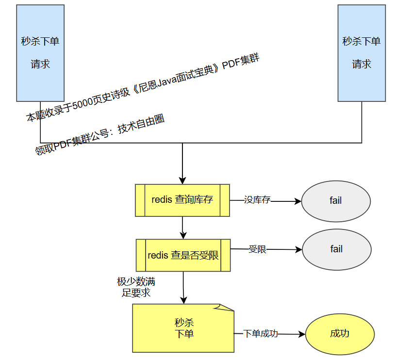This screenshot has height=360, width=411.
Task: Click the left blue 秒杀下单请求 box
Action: tap(40, 52)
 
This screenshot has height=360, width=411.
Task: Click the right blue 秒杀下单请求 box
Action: tap(362, 52)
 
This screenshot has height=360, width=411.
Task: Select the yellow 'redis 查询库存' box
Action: tap(182, 200)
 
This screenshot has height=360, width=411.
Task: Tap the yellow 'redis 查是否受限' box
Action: tap(183, 255)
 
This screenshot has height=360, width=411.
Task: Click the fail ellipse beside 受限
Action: tap(336, 249)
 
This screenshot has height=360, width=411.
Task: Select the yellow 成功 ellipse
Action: tap(340, 334)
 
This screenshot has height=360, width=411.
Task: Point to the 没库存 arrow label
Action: tap(257, 200)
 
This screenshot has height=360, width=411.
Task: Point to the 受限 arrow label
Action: tap(258, 249)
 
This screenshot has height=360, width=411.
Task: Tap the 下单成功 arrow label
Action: tap(261, 334)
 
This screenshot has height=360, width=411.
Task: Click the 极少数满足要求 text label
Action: tap(136, 287)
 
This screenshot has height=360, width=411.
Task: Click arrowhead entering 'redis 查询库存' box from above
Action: tap(182, 180)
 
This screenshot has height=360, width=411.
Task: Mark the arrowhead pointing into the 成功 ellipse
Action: tap(301, 334)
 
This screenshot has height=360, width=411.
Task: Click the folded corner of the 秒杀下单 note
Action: tap(227, 308)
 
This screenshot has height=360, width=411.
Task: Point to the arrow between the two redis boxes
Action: tap(182, 227)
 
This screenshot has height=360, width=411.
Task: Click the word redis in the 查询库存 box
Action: tap(161, 200)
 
